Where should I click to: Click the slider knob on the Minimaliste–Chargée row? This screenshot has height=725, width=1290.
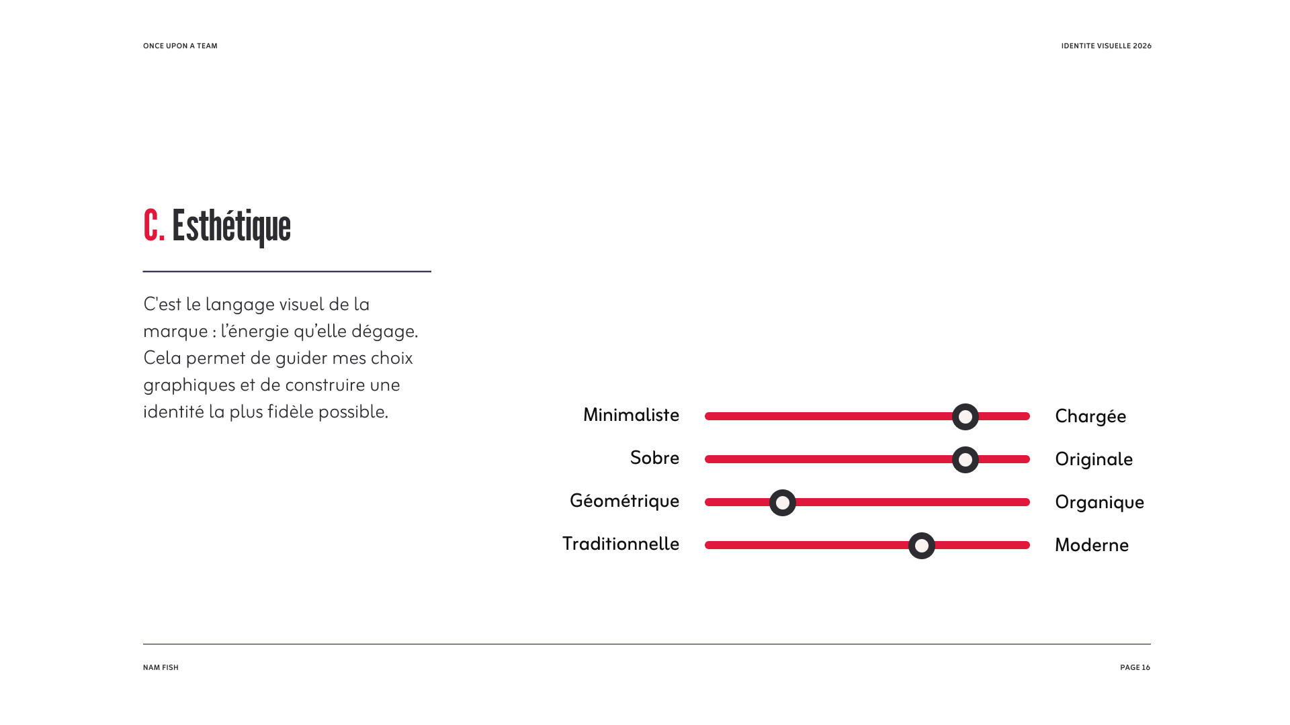(x=965, y=417)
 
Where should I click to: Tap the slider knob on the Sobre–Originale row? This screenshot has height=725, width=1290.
(x=965, y=460)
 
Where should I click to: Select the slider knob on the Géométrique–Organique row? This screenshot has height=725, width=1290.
(x=783, y=503)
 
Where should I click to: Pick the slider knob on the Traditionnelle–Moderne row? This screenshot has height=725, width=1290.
(x=922, y=546)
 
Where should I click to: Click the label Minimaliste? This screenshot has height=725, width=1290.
(x=631, y=415)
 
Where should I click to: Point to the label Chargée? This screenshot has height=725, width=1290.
(x=1090, y=417)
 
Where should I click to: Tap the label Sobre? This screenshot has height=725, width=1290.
(x=654, y=458)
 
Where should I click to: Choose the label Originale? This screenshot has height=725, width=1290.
(x=1094, y=460)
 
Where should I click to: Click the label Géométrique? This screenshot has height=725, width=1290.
(x=624, y=501)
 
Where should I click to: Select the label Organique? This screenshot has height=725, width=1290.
(x=1099, y=503)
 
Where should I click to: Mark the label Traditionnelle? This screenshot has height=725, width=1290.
(x=621, y=544)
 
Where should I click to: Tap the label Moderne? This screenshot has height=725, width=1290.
(x=1092, y=545)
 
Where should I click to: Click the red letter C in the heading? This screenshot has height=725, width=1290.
(x=151, y=226)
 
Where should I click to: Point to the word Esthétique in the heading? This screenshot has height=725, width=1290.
(x=231, y=226)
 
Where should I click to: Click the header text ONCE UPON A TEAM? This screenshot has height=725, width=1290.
(x=180, y=46)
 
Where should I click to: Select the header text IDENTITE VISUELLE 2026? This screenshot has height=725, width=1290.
(x=1106, y=46)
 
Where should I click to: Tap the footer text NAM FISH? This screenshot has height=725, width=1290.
(x=161, y=668)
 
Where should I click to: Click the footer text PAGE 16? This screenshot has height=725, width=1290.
(x=1135, y=668)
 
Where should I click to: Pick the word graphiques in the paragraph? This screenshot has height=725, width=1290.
(x=189, y=385)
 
